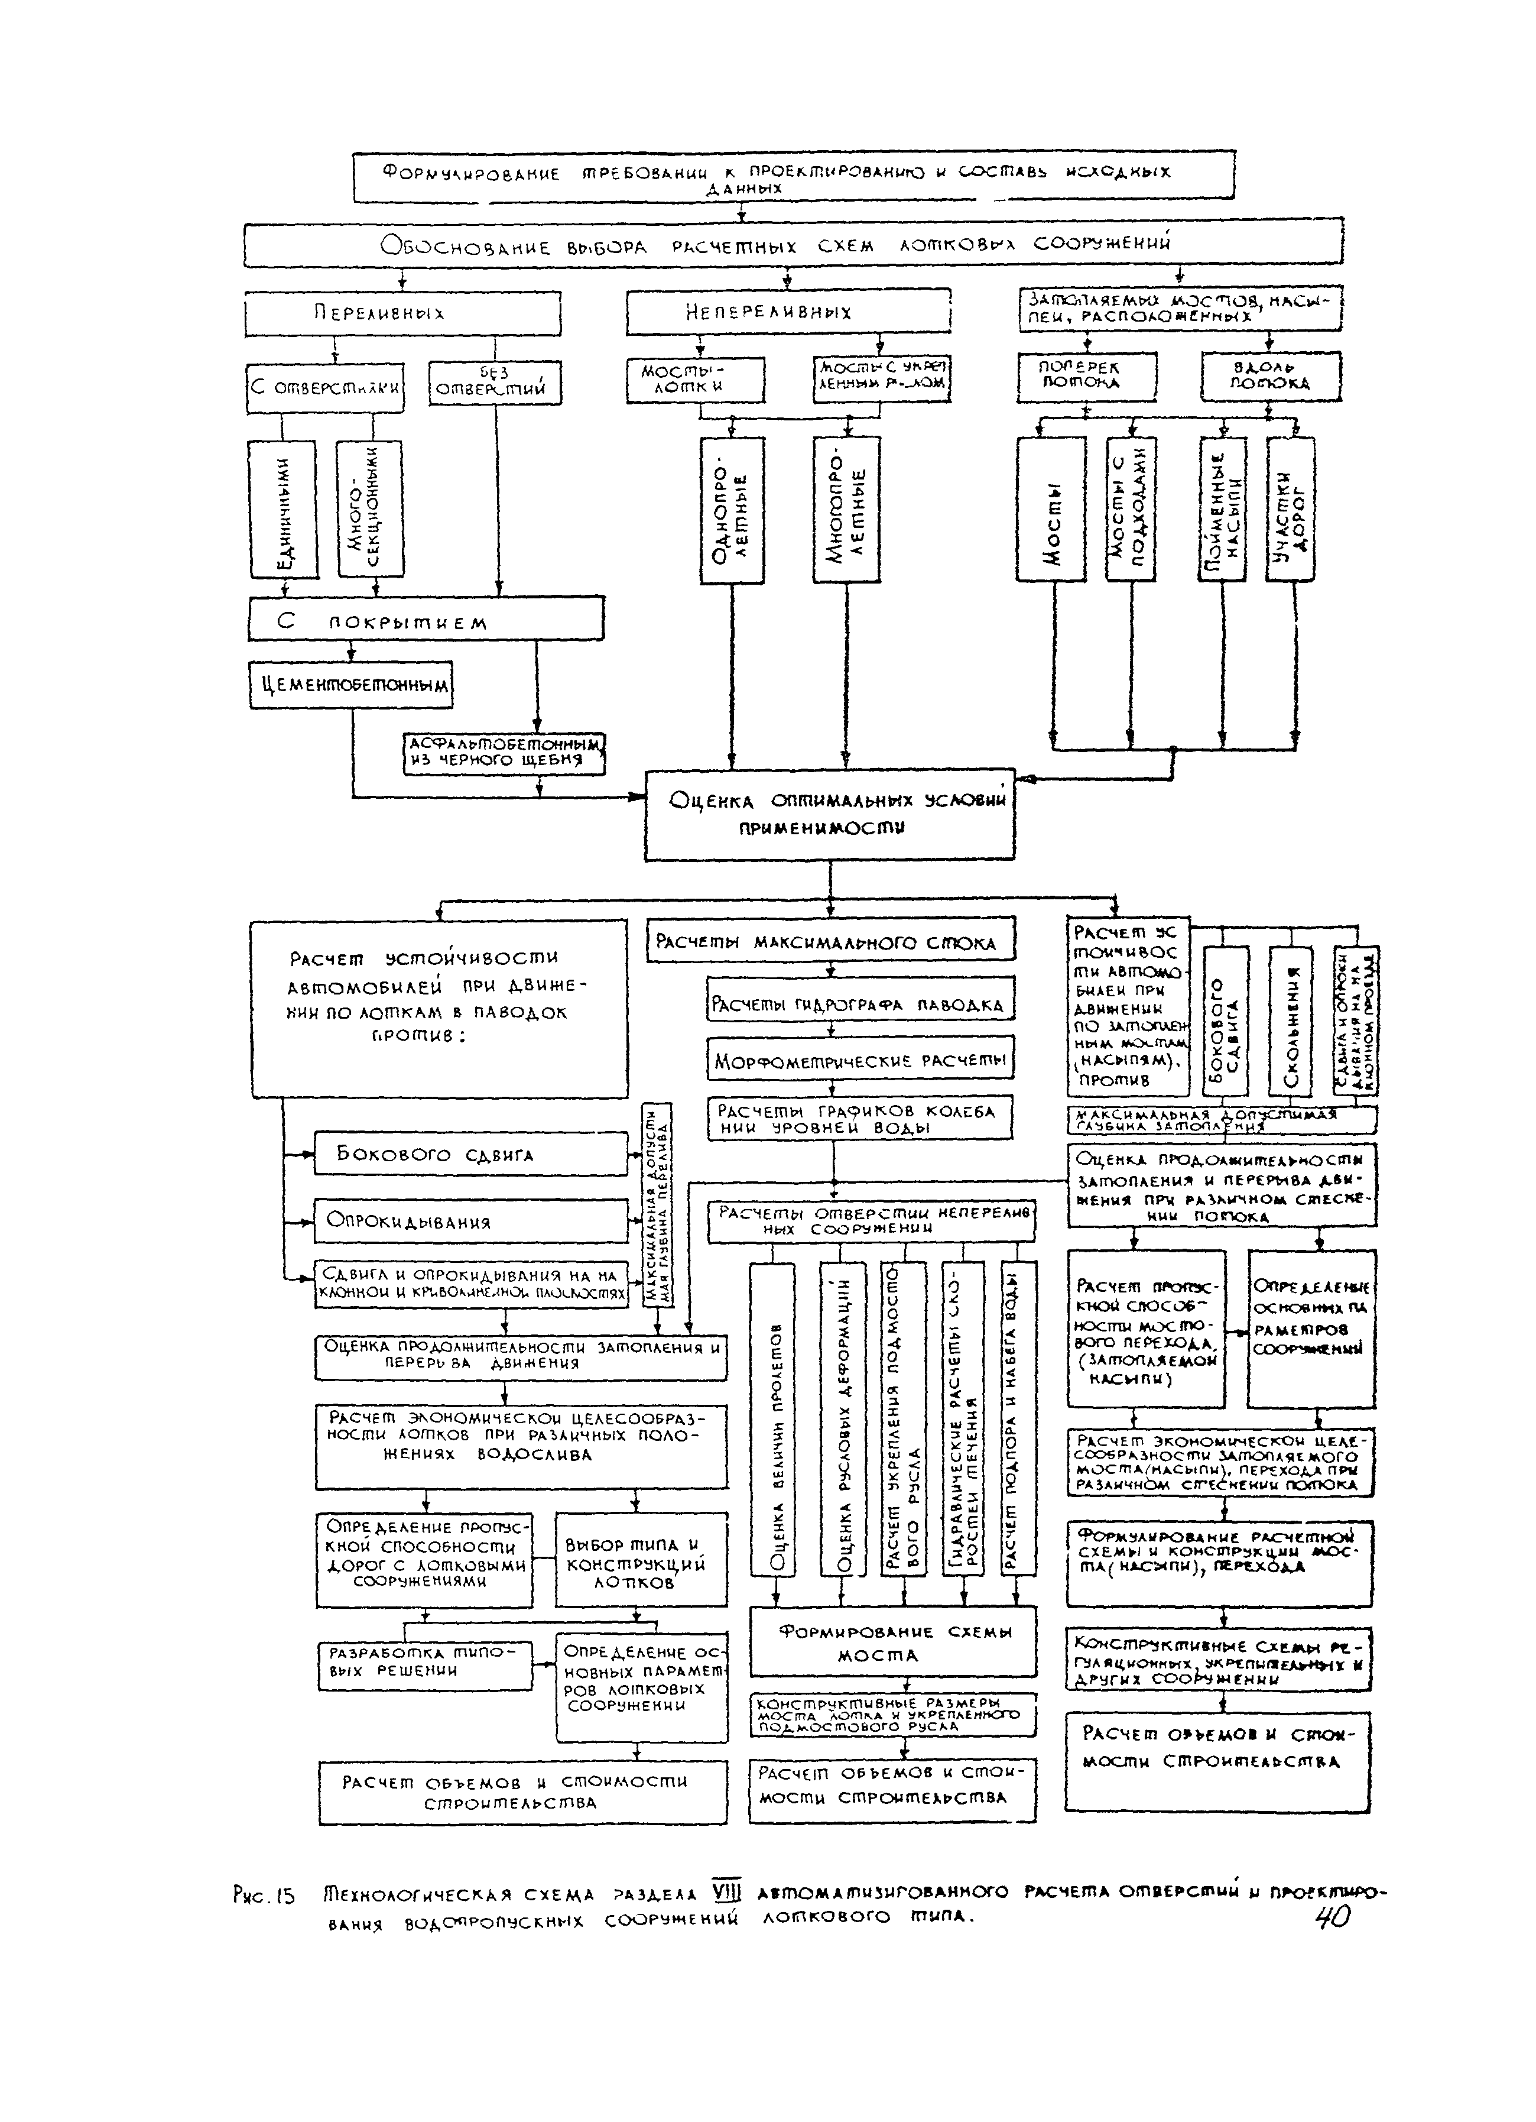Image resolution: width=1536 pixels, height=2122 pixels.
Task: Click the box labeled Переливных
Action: tap(402, 313)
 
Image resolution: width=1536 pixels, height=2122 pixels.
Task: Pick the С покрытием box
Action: tap(426, 620)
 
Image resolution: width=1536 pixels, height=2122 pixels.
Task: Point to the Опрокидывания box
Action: tap(470, 1221)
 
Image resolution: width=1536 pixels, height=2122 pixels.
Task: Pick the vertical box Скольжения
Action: tap(1291, 1020)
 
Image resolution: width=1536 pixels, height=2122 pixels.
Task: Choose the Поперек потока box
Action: tap(1086, 376)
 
